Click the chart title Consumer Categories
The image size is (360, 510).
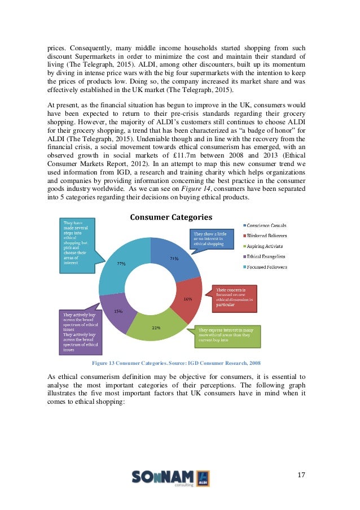pos(171,217)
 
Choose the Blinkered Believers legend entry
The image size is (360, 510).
pos(266,236)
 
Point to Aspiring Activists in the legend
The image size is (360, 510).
pos(264,246)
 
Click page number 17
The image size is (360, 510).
pos(300,474)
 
